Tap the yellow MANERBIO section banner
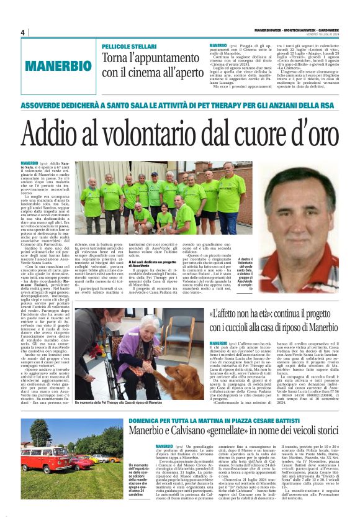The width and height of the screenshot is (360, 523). coord(55,66)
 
